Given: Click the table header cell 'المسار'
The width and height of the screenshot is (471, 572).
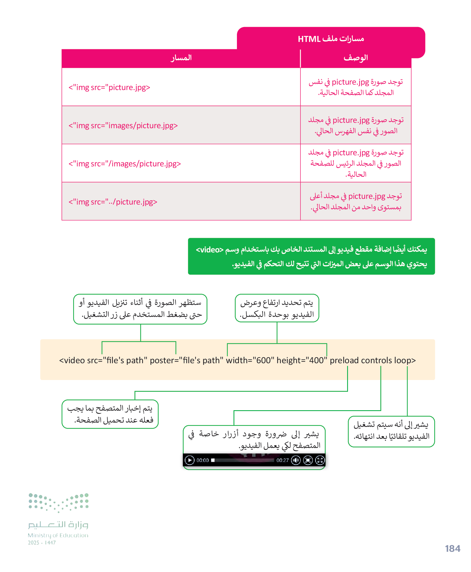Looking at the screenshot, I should tap(181, 58).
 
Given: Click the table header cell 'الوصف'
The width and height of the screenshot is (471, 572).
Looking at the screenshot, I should tap(356, 58).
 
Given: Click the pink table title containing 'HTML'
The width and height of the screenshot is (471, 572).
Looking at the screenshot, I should tap(331, 39).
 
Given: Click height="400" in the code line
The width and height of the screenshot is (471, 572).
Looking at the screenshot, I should tap(302, 360).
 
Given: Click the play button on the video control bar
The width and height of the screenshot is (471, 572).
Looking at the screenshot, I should tap(189, 460).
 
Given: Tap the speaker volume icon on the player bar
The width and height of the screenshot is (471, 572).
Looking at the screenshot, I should tap(296, 460).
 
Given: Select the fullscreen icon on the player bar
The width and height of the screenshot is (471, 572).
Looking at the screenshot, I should tap(320, 460).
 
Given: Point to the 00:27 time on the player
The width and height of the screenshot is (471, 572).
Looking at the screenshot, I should tap(282, 460).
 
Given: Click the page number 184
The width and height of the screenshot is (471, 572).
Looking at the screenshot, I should tap(452, 549).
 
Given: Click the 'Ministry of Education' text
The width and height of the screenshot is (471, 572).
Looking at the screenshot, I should tap(58, 535).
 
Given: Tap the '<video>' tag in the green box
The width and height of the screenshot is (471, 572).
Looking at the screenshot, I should tap(210, 250).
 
